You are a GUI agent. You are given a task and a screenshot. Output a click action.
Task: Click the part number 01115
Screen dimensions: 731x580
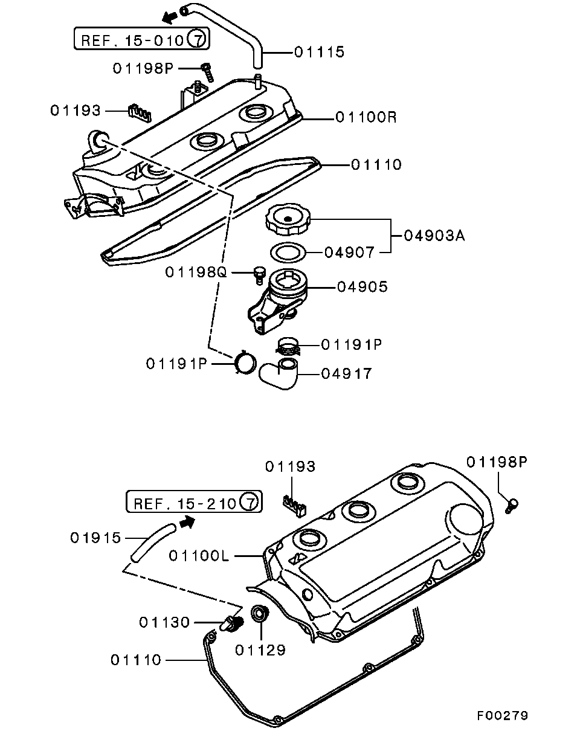pos(319,53)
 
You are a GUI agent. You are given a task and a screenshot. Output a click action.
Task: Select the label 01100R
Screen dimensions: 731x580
pos(366,117)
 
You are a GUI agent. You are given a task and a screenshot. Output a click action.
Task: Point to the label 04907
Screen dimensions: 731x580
pos(350,253)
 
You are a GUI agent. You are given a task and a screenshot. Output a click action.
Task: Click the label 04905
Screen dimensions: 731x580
pos(362,287)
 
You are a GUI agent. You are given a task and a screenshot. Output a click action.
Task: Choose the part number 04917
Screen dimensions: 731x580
pos(346,375)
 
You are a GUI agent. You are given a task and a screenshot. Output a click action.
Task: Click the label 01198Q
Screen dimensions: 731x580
pos(195,273)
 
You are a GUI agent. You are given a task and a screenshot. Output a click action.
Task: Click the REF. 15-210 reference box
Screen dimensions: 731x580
pos(193,503)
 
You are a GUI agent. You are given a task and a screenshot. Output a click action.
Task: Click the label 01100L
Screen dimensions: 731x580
pos(199,555)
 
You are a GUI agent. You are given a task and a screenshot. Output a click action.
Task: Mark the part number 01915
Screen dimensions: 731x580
pos(96,537)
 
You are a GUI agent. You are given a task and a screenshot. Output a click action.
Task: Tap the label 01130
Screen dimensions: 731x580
pos(164,622)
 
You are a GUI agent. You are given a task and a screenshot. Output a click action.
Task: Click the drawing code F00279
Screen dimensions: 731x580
pos(502,715)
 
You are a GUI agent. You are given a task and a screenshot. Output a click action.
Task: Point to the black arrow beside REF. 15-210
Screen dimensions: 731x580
pos(188,521)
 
